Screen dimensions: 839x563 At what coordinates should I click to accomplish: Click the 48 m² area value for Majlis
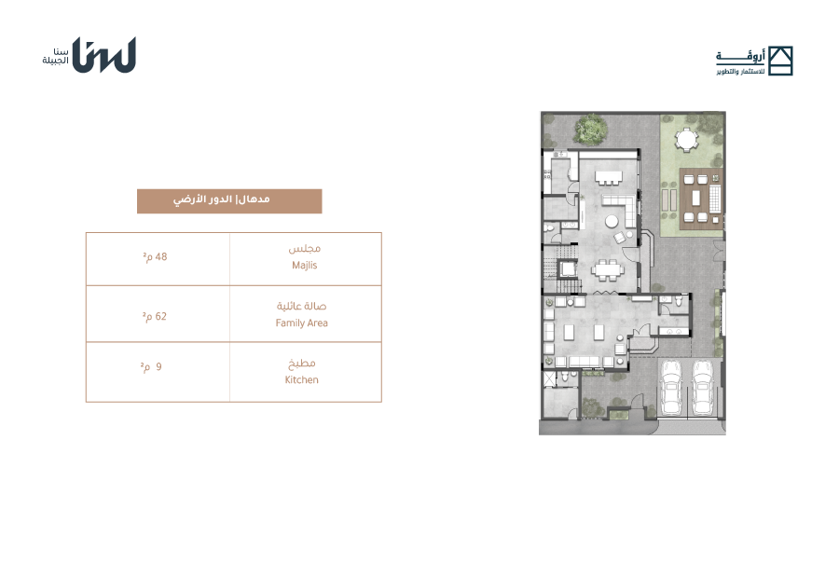155,257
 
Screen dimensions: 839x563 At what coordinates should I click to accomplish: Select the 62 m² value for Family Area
155,316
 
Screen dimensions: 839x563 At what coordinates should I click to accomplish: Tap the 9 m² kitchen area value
151,366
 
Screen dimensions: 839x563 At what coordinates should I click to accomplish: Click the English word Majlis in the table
305,266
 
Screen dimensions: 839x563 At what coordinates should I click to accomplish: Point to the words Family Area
302,323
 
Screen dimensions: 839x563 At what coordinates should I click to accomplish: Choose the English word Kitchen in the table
302,379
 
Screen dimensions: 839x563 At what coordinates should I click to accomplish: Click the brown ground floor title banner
229,201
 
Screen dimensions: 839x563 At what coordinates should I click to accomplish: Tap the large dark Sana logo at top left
104,55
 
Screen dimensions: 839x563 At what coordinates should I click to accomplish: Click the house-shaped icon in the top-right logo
780,61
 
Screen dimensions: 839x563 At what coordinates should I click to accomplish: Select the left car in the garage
671,388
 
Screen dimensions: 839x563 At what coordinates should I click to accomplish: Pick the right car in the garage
703,388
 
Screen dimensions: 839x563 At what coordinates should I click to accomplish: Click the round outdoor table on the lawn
686,140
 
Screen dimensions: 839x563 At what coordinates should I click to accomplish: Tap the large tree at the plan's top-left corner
590,129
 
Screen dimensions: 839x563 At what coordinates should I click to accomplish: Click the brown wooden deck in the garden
701,199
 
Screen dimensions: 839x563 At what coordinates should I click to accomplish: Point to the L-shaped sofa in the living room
620,209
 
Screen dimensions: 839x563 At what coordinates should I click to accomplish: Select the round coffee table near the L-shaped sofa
612,221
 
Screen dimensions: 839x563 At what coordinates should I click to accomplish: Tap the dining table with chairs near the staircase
608,269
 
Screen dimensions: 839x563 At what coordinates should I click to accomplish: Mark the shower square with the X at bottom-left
550,379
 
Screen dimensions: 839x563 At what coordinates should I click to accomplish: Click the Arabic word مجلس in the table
305,248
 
